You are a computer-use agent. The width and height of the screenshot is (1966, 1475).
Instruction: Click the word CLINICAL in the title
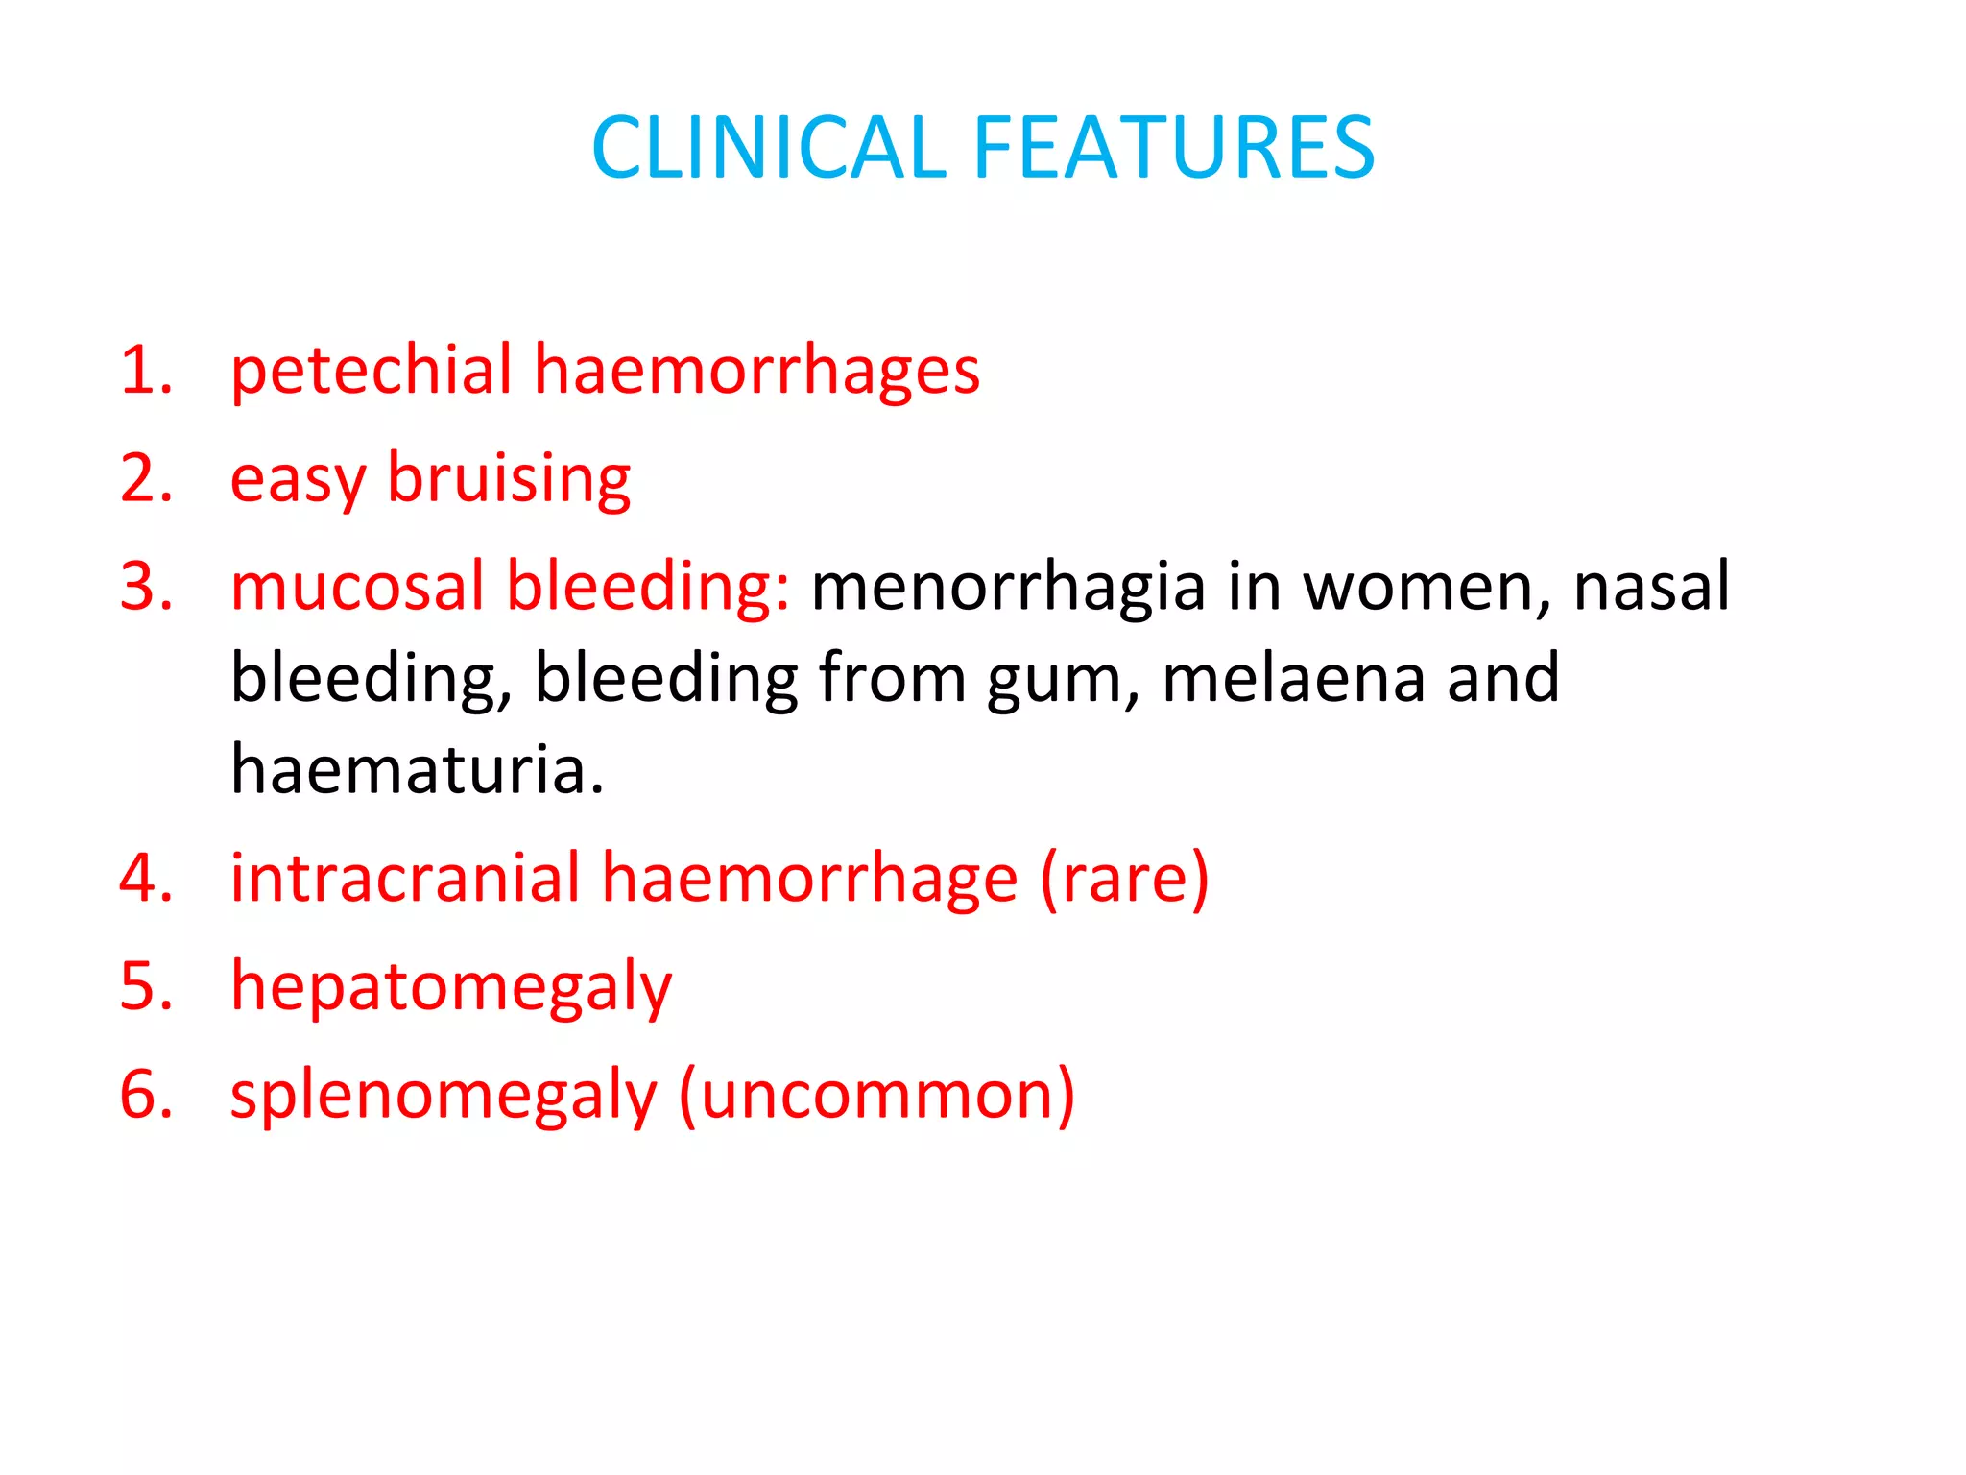tap(768, 148)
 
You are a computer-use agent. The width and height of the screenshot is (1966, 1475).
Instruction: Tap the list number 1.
tap(145, 371)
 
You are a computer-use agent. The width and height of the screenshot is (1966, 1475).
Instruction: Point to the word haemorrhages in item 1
tap(756, 373)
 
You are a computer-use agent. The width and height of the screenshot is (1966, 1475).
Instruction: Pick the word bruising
tap(509, 480)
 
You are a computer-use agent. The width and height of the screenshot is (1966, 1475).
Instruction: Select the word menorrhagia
tap(1008, 588)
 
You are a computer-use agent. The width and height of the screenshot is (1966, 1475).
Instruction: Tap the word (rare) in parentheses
tap(1124, 880)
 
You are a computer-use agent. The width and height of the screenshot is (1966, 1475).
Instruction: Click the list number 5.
tap(145, 986)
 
